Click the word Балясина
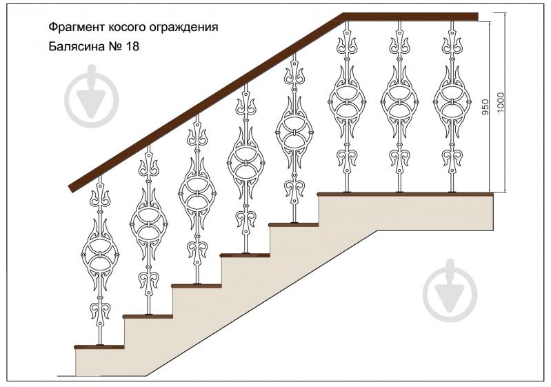(x=74, y=48)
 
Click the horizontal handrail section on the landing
(x=410, y=17)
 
